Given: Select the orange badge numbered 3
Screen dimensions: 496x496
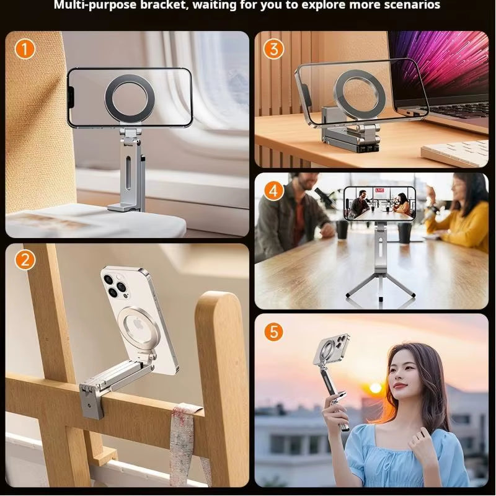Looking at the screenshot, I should pos(273,48).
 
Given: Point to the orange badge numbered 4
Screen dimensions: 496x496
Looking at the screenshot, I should pos(273,190).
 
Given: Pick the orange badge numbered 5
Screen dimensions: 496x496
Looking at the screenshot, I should pos(273,331).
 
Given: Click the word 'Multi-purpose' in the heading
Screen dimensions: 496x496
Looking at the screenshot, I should pos(92,6).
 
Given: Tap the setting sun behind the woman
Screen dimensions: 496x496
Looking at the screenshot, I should pos(375,388).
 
